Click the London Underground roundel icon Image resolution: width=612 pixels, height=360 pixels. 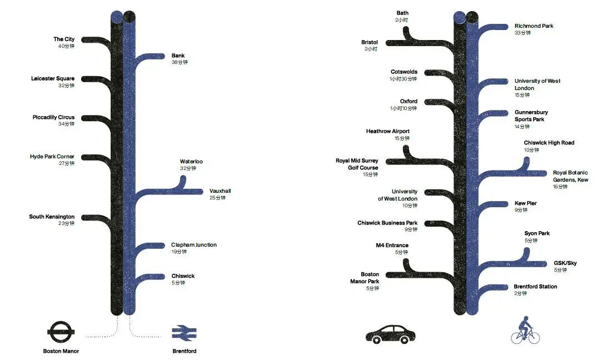coord(61,332)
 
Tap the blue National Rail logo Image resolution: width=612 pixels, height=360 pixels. coord(184,333)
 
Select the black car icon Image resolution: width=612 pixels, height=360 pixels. coord(390,334)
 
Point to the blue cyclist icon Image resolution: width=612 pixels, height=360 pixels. coord(525,331)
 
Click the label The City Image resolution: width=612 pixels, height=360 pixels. coord(64,39)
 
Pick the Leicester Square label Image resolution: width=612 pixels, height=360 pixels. coord(53,78)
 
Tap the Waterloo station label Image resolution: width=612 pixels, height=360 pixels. coord(191,161)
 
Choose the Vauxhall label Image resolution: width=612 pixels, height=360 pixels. coord(220,191)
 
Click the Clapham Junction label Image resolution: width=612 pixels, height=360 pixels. coord(194,244)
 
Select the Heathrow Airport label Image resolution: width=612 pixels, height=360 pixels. coord(387,131)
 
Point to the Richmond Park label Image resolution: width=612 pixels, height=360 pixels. coord(534,26)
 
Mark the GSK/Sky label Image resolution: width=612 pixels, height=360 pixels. coord(565,263)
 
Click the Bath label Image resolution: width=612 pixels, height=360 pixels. coord(402,13)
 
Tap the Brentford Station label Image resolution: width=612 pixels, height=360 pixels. coord(535,286)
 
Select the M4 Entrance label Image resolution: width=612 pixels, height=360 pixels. coord(392,246)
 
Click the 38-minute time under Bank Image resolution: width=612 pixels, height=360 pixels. coord(180,62)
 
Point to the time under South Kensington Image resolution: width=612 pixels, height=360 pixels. coord(66,223)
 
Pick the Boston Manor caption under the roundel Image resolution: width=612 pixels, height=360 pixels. coord(61,351)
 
